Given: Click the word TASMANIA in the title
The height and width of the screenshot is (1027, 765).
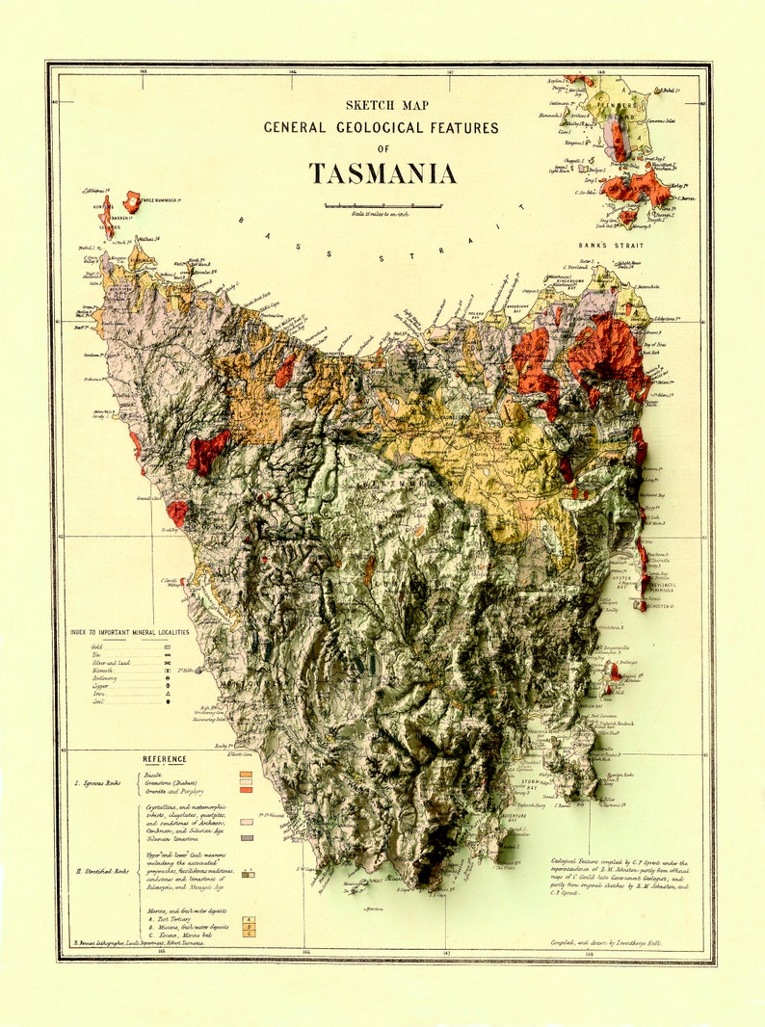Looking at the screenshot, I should [x=382, y=173].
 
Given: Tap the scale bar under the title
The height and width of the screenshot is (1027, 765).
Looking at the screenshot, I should [x=382, y=205].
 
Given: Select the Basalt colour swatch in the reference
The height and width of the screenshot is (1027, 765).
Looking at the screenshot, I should [x=247, y=774].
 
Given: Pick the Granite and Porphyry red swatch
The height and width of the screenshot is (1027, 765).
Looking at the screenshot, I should [x=247, y=790].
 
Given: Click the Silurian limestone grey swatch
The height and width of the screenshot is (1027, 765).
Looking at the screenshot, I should [x=247, y=838].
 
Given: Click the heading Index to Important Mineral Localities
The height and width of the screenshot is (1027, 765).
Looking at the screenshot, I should [x=129, y=632].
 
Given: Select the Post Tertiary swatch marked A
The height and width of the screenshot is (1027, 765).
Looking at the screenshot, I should [x=248, y=921].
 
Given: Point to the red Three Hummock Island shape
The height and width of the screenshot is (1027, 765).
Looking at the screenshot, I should [x=131, y=201].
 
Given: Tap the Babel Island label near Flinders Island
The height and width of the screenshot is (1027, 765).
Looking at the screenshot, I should [x=664, y=92].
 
